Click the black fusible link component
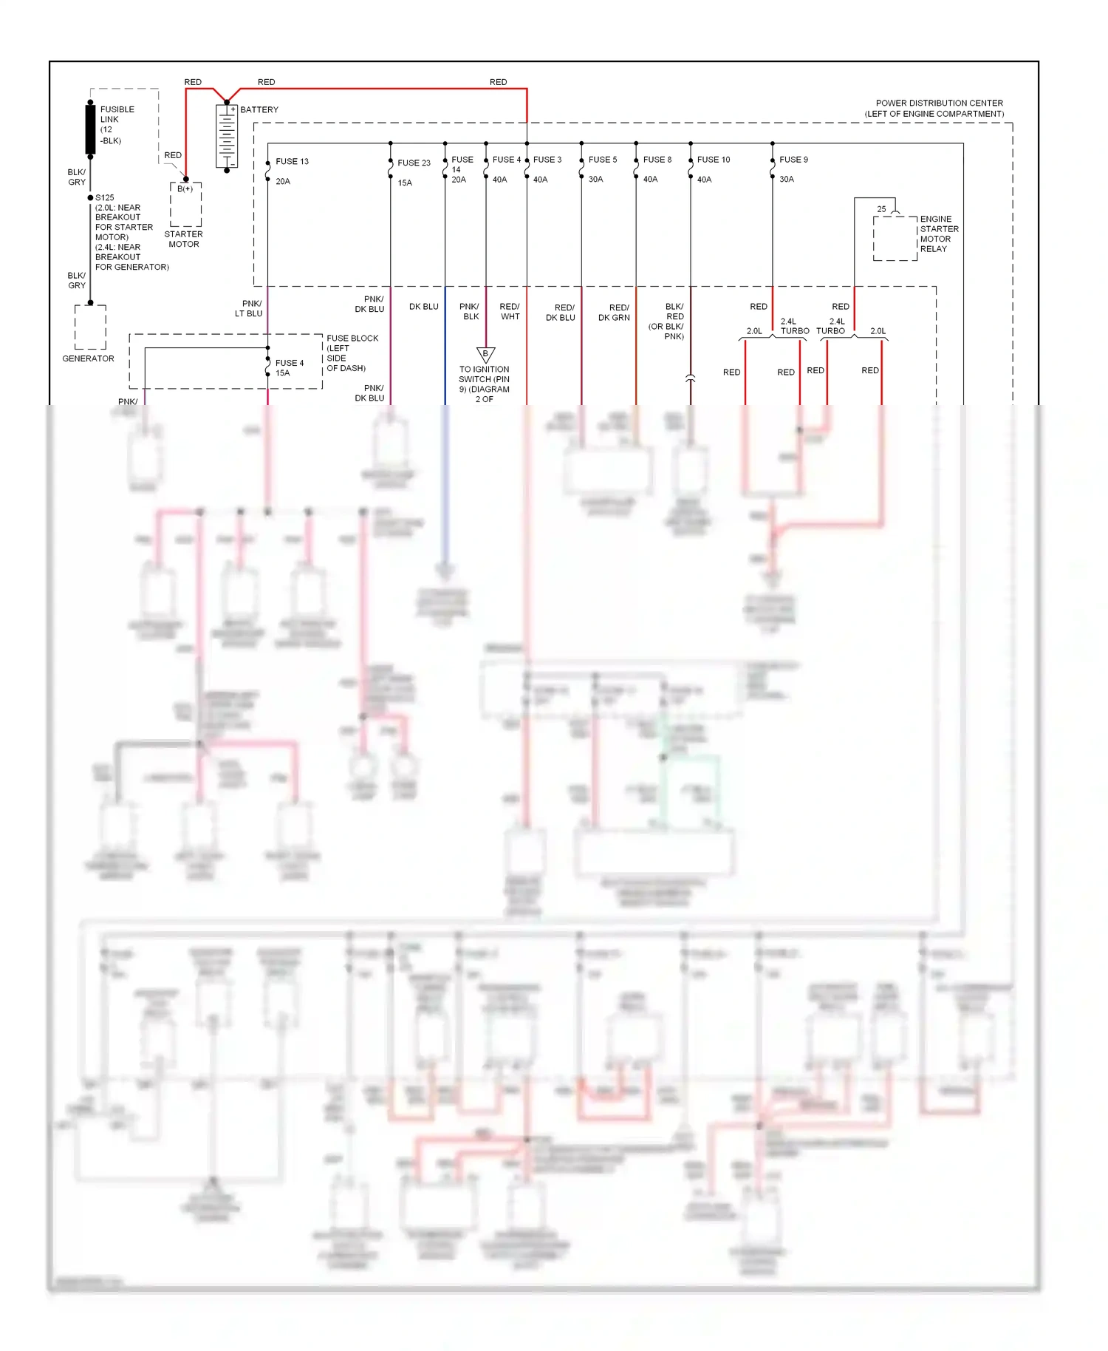(x=90, y=129)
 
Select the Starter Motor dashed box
(x=185, y=205)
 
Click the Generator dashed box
(x=90, y=327)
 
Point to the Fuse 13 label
(x=292, y=161)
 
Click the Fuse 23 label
(x=414, y=163)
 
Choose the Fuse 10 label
(x=713, y=160)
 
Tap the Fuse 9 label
(x=793, y=160)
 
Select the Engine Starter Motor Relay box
(x=895, y=238)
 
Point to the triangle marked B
(x=485, y=354)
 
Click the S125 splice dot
(x=90, y=197)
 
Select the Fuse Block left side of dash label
(x=352, y=353)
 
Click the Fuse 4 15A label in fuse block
(x=289, y=368)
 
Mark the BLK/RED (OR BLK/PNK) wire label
(x=668, y=321)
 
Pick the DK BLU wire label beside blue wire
(x=423, y=306)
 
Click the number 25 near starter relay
(x=881, y=209)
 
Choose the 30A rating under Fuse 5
(x=595, y=180)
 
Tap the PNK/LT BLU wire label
(x=249, y=308)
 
